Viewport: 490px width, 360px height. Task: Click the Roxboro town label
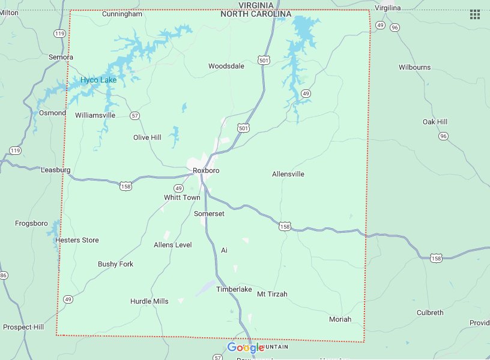(206, 171)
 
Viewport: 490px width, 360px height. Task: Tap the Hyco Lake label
(98, 80)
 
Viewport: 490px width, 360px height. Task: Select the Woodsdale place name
(226, 67)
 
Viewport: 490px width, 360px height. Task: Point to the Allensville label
(288, 174)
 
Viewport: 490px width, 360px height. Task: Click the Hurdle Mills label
(149, 301)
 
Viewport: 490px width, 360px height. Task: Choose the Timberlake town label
(234, 289)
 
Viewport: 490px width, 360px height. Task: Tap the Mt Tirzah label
(272, 294)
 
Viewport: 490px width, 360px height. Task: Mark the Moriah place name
(340, 319)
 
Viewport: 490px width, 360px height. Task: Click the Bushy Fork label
(115, 264)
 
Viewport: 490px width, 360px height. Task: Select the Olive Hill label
(147, 137)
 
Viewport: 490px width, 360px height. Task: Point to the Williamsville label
(95, 115)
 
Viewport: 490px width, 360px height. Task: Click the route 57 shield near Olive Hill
(135, 115)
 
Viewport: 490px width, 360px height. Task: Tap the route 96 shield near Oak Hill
(443, 136)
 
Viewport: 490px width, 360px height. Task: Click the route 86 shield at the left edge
(3, 275)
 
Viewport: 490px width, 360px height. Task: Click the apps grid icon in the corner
(474, 14)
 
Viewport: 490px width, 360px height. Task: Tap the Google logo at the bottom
(246, 348)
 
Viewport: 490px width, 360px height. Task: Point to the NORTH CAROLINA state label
(255, 14)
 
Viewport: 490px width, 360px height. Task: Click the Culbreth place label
(430, 313)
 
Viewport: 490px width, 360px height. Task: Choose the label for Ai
(224, 250)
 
